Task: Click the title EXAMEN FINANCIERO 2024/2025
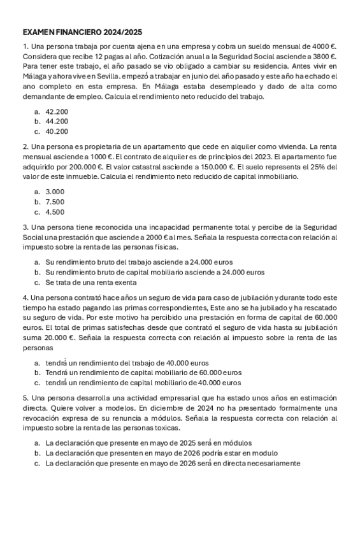pos(82,32)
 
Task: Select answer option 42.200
pos(57,111)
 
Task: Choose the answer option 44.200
pos(57,122)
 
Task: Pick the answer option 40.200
pos(57,132)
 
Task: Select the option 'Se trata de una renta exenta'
pos(90,282)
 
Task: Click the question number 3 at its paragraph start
pos(25,227)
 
